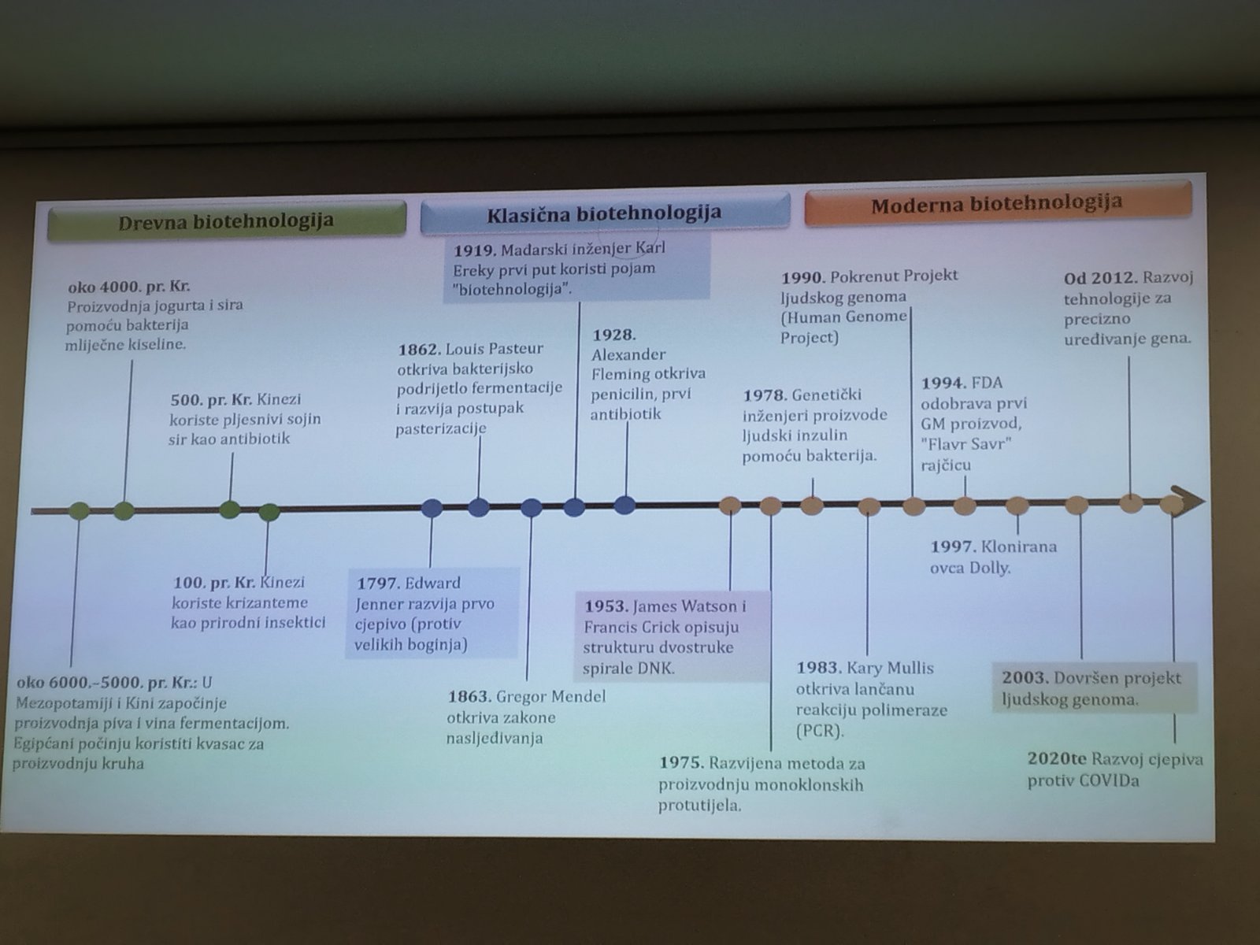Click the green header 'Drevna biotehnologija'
click(226, 221)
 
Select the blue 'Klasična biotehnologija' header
click(604, 213)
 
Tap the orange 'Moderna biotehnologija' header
click(996, 205)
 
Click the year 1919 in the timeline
click(473, 250)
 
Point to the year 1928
click(613, 335)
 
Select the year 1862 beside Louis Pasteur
click(418, 349)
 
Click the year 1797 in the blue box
click(377, 584)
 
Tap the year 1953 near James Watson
click(605, 607)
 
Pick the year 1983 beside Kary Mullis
click(818, 668)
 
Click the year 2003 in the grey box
click(1025, 678)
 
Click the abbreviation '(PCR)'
click(819, 731)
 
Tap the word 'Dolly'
click(990, 568)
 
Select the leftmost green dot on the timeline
click(79, 510)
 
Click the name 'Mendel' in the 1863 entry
click(579, 697)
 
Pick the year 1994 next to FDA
click(943, 384)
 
